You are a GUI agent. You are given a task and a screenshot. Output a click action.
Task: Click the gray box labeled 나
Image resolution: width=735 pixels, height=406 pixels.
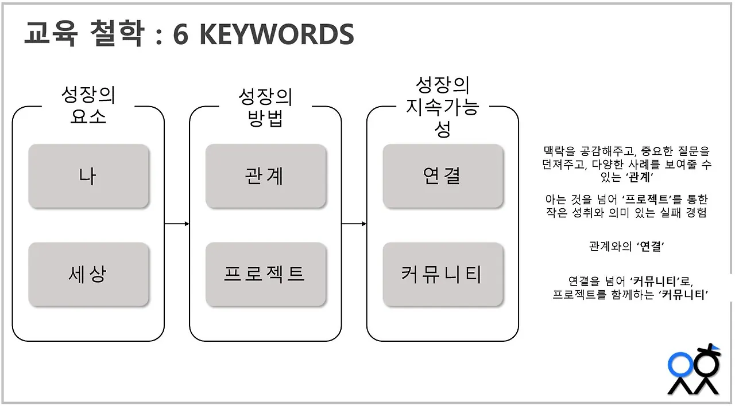pos(88,175)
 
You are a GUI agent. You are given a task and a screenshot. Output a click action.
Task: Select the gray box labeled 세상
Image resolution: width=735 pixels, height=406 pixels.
pos(88,274)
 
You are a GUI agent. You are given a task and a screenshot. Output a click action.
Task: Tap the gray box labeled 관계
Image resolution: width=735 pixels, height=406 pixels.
pos(266,175)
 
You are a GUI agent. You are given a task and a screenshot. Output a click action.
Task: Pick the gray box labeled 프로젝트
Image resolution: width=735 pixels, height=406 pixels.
pos(266,274)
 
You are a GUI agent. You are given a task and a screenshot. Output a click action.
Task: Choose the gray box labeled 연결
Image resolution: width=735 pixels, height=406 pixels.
pos(443,175)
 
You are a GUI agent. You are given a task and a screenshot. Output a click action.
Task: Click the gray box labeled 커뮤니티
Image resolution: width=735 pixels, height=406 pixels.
pos(443,274)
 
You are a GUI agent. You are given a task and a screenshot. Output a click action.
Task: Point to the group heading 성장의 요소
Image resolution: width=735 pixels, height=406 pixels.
pos(88,106)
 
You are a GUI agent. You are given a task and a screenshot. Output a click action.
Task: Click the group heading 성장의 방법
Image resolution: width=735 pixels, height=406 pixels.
pos(266,107)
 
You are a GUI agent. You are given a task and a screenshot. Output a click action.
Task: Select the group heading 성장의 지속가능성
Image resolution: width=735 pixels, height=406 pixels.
pos(443,107)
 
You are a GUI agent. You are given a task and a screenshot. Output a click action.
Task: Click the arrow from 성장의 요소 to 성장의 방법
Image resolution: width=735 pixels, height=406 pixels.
pos(177,224)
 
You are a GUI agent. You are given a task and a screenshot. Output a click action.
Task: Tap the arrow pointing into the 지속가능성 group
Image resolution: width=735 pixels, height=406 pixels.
pos(354,224)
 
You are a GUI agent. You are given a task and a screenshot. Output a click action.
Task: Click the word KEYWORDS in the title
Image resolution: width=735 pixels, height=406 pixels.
pos(276,36)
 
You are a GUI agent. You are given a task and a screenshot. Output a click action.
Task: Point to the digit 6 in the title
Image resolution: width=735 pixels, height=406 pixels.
pos(180,36)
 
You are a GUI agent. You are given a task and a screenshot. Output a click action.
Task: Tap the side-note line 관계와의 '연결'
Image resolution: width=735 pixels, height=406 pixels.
pos(626,247)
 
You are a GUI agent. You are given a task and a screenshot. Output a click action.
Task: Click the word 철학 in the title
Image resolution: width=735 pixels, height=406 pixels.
pos(116,36)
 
